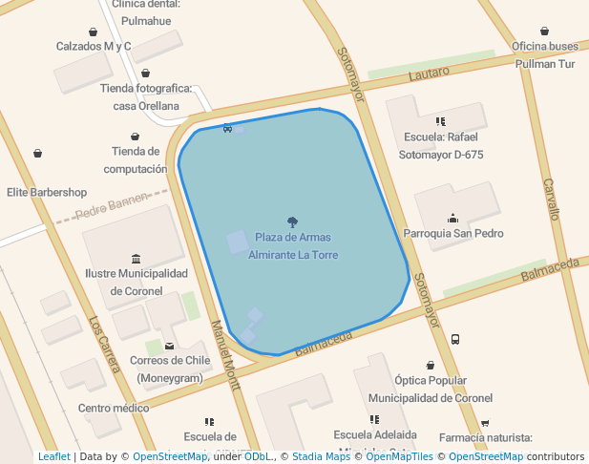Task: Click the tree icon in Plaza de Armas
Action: pyautogui.click(x=292, y=221)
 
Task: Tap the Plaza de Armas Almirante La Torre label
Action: pyautogui.click(x=293, y=246)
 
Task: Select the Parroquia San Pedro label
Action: pyautogui.click(x=452, y=233)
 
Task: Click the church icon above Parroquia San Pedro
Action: pyautogui.click(x=452, y=217)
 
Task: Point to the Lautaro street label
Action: pyautogui.click(x=428, y=74)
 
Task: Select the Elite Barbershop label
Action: pyautogui.click(x=47, y=192)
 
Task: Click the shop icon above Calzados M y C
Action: pyautogui.click(x=93, y=32)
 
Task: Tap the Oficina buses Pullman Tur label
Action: pyautogui.click(x=544, y=55)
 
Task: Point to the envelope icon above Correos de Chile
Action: pyautogui.click(x=170, y=346)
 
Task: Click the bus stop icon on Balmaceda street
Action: pyautogui.click(x=455, y=339)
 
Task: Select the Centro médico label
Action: pyautogui.click(x=114, y=409)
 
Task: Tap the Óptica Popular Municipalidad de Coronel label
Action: pyautogui.click(x=431, y=390)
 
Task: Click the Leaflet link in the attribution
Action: pyautogui.click(x=54, y=457)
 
